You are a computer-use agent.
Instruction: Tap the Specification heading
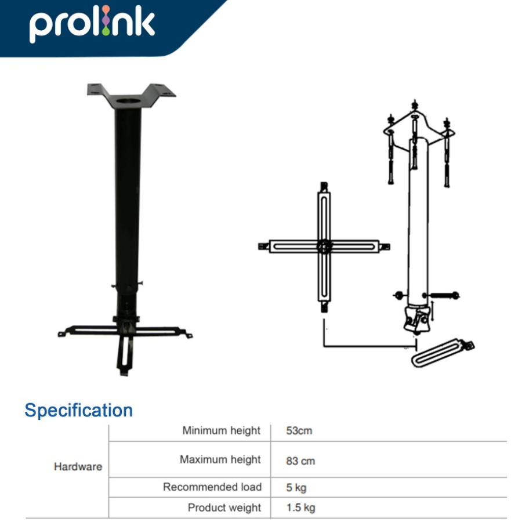(x=78, y=411)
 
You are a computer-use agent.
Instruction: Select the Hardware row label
(x=78, y=466)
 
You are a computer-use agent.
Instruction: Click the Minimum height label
(x=222, y=430)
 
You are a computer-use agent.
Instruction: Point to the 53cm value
(x=299, y=431)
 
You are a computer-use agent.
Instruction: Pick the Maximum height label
(x=220, y=459)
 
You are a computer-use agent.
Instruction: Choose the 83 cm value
(x=300, y=461)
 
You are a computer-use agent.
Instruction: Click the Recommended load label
(x=212, y=487)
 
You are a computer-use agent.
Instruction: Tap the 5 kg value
(x=296, y=488)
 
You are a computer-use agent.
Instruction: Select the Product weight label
(x=224, y=508)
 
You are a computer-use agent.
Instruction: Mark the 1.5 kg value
(x=300, y=508)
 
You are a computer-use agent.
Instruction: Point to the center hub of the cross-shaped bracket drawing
(x=324, y=246)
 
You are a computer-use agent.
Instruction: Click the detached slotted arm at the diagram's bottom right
(x=441, y=354)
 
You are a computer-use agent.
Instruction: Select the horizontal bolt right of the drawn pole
(x=444, y=295)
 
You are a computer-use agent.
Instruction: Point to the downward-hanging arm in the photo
(x=125, y=352)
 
